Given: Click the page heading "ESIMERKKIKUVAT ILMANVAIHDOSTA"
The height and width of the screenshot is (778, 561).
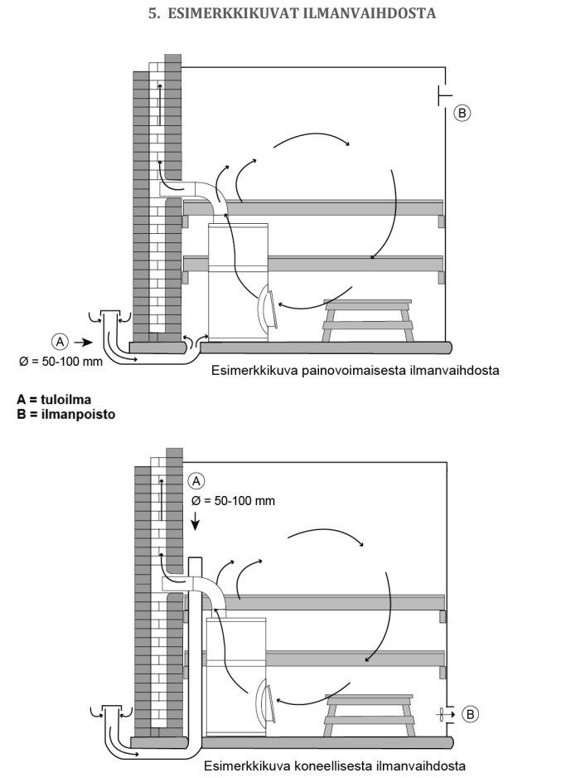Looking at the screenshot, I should [x=291, y=14].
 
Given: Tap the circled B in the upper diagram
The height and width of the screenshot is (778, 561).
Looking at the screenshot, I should [x=462, y=113].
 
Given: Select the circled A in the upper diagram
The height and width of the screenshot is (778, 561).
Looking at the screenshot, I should [x=59, y=340].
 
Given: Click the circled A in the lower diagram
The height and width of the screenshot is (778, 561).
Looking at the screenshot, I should [x=196, y=480].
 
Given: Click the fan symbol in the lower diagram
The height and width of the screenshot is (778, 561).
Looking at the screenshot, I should [x=446, y=713].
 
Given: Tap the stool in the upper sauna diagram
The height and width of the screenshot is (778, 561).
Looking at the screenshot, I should [x=369, y=319].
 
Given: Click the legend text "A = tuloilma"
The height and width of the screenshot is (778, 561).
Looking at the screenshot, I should [x=54, y=400].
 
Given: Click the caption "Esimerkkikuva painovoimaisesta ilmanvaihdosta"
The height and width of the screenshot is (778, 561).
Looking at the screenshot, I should [x=355, y=370].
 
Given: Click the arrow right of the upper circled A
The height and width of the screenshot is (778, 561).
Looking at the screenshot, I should [x=83, y=341].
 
